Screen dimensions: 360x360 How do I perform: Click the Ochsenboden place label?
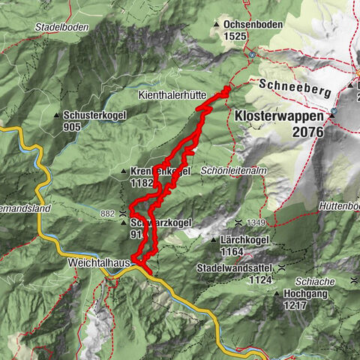point(253,24)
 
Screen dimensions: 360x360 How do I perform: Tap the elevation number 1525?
point(235,35)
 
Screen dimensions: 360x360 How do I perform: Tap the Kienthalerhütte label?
point(166,97)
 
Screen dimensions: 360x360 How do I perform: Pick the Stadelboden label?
point(61,27)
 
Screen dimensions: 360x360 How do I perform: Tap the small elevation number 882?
point(108,214)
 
